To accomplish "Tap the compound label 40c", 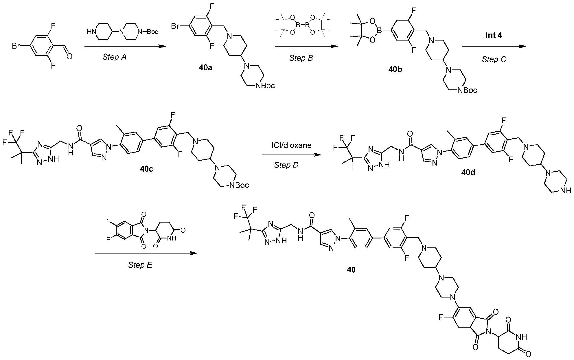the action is click(x=146, y=169).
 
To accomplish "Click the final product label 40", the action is click(x=351, y=269).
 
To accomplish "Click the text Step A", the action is click(x=115, y=57).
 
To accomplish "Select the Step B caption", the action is click(x=301, y=58).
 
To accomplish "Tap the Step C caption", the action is click(x=494, y=59).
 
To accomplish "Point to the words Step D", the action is click(x=286, y=165).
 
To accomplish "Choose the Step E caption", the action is click(x=140, y=265).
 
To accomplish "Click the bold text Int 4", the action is click(x=494, y=36).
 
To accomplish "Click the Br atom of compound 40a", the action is click(x=175, y=27).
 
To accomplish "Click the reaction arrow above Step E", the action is click(x=146, y=254).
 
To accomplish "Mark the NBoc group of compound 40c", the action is click(x=239, y=185).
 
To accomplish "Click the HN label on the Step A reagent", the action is click(x=91, y=32).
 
